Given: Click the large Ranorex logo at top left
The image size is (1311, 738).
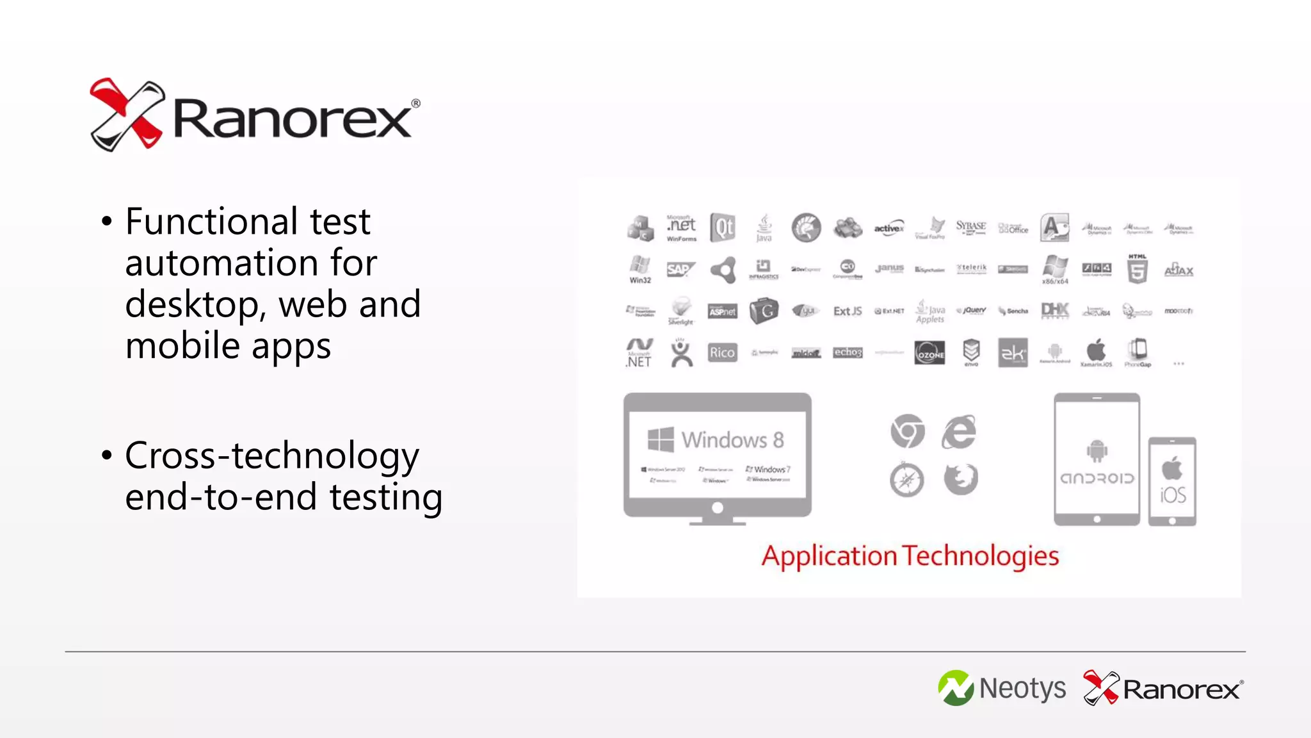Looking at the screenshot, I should pyautogui.click(x=255, y=115).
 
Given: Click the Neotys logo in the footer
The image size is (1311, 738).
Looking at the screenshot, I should pyautogui.click(x=1002, y=689).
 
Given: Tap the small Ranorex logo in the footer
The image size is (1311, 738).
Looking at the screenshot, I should pyautogui.click(x=1163, y=689).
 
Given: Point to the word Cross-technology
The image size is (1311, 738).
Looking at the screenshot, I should pyautogui.click(x=272, y=456).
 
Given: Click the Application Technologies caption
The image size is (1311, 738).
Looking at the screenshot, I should pyautogui.click(x=910, y=556).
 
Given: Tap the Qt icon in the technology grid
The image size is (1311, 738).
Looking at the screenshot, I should pyautogui.click(x=723, y=228).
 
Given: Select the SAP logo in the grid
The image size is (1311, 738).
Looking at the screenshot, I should pyautogui.click(x=680, y=270).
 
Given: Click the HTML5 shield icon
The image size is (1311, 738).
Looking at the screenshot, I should pyautogui.click(x=1137, y=270).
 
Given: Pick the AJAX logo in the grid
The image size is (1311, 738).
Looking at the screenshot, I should pyautogui.click(x=1178, y=270).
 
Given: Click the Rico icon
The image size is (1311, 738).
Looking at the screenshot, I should pyautogui.click(x=722, y=352).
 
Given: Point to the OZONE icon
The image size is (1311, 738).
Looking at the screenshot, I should pyautogui.click(x=929, y=352).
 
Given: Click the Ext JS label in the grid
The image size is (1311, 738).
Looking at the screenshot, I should pyautogui.click(x=848, y=311).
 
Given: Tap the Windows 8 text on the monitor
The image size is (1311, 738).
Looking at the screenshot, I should pyautogui.click(x=732, y=440).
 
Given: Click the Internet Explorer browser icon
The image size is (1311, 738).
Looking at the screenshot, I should pyautogui.click(x=959, y=432).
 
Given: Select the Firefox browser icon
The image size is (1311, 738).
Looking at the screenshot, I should pyautogui.click(x=961, y=479).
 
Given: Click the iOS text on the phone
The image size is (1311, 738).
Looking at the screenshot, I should pyautogui.click(x=1173, y=495).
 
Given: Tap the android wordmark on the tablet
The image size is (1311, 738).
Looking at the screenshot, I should pyautogui.click(x=1097, y=479).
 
